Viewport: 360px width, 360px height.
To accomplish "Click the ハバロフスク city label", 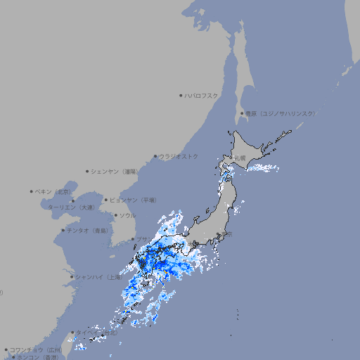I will [x=202, y=95].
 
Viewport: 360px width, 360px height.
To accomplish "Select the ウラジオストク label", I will [x=179, y=156].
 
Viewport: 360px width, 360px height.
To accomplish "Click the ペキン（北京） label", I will [x=53, y=191].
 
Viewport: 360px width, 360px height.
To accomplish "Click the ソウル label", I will [x=127, y=215].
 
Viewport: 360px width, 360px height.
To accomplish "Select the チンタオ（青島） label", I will [x=87, y=230].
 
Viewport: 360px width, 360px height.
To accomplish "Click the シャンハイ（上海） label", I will [x=98, y=277].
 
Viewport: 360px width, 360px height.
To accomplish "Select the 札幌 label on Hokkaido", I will [x=240, y=158].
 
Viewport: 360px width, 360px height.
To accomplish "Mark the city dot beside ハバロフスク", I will [x=181, y=95].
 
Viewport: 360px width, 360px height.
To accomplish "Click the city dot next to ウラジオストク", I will [x=155, y=156].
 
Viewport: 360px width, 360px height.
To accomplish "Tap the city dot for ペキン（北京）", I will [x=32, y=191].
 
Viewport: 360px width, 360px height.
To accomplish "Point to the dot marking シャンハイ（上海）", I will [x=72, y=277].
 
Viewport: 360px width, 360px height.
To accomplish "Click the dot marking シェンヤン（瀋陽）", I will [x=87, y=171].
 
